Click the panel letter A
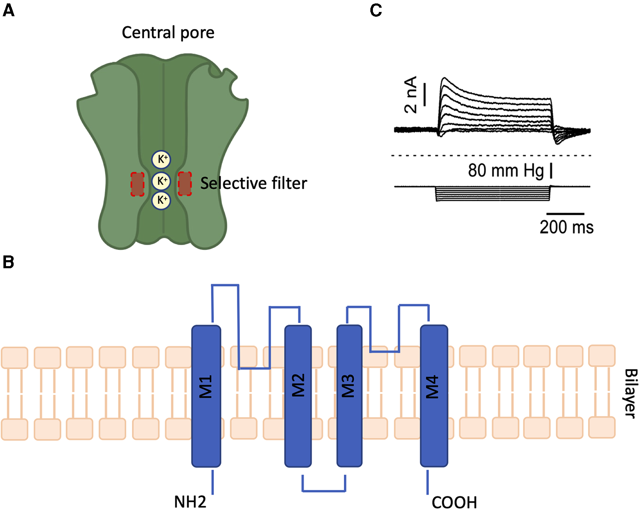point(9,10)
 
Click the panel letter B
point(9,262)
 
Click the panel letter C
point(376,10)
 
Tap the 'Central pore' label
point(168,33)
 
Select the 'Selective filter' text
point(253,183)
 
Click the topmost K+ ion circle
point(161,160)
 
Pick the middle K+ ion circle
point(161,181)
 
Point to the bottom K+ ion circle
point(161,200)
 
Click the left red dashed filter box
point(137,184)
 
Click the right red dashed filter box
point(184,184)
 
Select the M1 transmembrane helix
point(206,396)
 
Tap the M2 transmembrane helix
point(298,396)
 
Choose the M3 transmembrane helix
point(349,396)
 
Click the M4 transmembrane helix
point(434,396)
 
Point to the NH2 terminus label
point(190,501)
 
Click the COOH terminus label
point(454,502)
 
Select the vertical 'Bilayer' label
point(630,393)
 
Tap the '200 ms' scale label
point(566,227)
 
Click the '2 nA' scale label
point(410,95)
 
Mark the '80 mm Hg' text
point(506,170)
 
